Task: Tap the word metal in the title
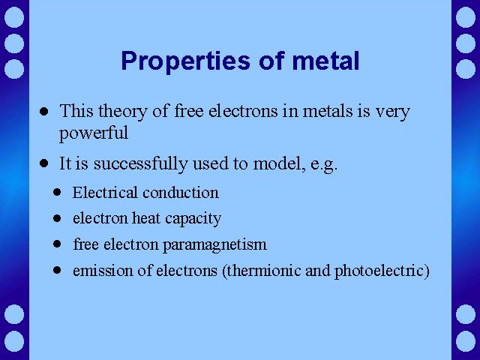[325, 61]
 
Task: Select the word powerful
[94, 133]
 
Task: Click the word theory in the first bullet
[123, 112]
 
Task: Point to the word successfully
[140, 163]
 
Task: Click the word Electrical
[105, 193]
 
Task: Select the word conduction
[181, 193]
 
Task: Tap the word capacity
[193, 219]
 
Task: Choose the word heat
[146, 218]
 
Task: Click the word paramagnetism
[214, 245]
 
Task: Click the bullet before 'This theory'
[43, 111]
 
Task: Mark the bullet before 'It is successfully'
[43, 163]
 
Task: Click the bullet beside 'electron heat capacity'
[57, 218]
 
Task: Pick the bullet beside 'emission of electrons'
[57, 270]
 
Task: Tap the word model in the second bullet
[280, 164]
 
